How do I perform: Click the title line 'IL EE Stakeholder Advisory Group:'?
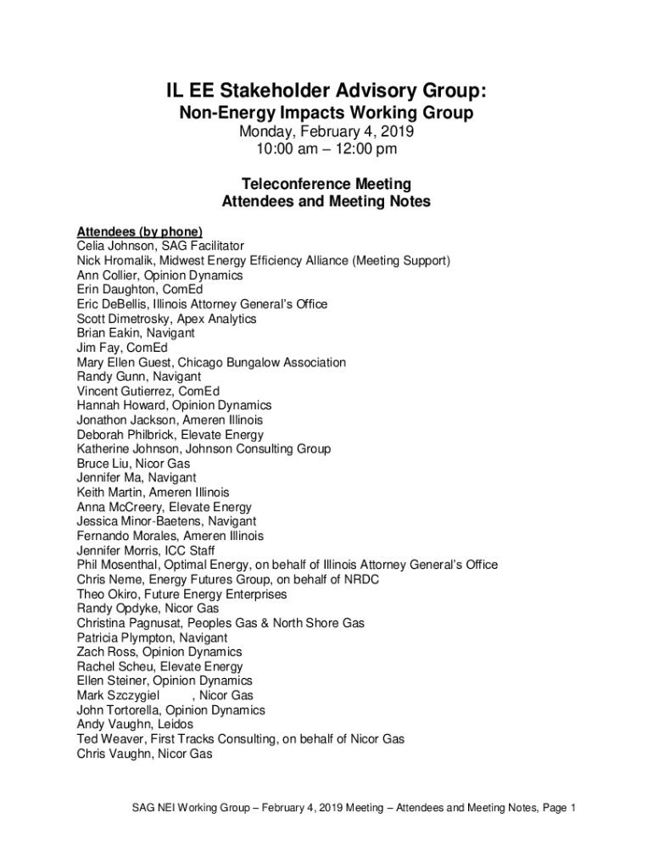[x=326, y=91]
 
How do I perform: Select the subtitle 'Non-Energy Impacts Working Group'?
[x=326, y=114]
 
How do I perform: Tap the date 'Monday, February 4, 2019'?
[x=326, y=133]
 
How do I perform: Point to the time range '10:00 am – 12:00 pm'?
[x=326, y=150]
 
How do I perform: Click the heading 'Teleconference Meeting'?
[x=326, y=184]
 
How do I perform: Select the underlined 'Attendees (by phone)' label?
[x=140, y=231]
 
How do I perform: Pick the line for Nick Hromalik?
[x=264, y=260]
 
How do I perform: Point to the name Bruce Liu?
[x=102, y=464]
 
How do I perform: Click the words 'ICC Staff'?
[x=190, y=550]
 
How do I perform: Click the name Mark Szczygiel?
[x=119, y=696]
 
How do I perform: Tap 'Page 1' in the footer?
[x=557, y=808]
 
